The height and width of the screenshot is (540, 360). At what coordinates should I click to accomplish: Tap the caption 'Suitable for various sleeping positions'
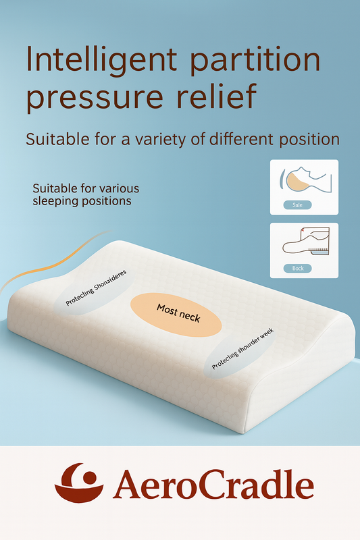(85, 194)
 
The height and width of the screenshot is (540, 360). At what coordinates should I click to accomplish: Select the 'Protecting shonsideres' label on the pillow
(97, 290)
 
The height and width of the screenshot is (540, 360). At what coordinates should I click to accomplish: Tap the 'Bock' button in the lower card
(298, 268)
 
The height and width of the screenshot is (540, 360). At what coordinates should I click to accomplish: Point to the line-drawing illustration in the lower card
(304, 242)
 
